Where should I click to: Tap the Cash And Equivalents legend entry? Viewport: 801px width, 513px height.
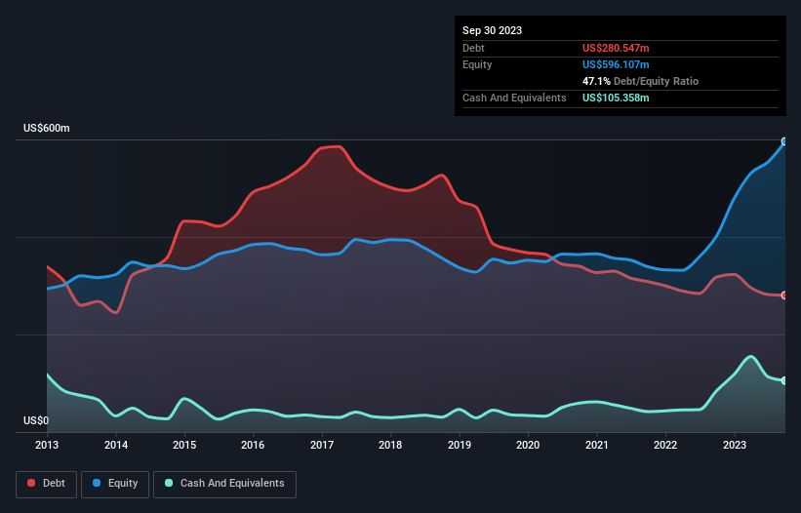224,483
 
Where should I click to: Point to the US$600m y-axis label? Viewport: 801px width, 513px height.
47,129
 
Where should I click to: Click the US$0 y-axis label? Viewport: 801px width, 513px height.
36,421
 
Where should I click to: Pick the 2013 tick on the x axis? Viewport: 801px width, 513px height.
47,446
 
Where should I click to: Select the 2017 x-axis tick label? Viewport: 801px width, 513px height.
322,446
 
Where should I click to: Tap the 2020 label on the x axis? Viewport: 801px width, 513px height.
528,446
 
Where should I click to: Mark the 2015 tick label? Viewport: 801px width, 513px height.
184,446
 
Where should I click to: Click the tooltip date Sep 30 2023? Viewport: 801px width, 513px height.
492,30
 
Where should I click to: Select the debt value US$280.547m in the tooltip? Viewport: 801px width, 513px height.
616,48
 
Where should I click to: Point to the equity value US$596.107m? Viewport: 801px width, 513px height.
616,64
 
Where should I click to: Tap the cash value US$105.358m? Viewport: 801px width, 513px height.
616,98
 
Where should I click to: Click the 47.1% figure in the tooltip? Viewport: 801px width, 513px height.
595,81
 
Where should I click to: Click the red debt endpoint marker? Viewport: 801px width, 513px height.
784,296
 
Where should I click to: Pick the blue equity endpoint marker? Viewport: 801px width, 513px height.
784,141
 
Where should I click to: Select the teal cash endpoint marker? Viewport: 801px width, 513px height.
784,380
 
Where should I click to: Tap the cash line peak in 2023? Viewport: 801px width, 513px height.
750,357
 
